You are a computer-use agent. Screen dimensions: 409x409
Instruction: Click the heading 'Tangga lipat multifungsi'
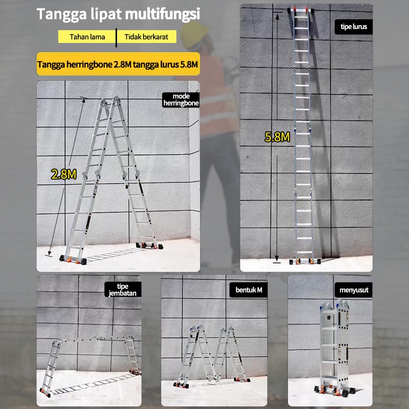[x=118, y=14]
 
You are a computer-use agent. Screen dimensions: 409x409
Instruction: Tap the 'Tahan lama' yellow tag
[x=87, y=37]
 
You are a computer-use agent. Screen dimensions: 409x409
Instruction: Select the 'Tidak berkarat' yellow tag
[x=146, y=37]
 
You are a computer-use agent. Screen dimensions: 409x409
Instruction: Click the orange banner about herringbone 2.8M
[x=118, y=65]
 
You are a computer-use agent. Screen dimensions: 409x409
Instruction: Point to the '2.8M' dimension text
[x=63, y=174]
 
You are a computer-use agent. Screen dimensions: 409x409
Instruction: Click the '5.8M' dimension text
[x=277, y=137]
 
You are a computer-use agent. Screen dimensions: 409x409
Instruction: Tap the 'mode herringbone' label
[x=180, y=99]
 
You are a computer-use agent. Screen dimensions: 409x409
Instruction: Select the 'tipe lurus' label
[x=353, y=26]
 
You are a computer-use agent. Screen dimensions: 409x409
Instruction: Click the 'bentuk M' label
[x=248, y=290]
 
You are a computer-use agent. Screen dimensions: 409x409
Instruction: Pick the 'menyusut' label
[x=354, y=290]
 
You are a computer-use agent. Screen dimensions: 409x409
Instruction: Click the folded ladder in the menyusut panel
[x=335, y=348]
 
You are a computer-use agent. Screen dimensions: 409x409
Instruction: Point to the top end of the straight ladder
[x=303, y=12]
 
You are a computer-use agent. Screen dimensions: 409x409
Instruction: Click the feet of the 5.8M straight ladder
[x=305, y=261]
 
